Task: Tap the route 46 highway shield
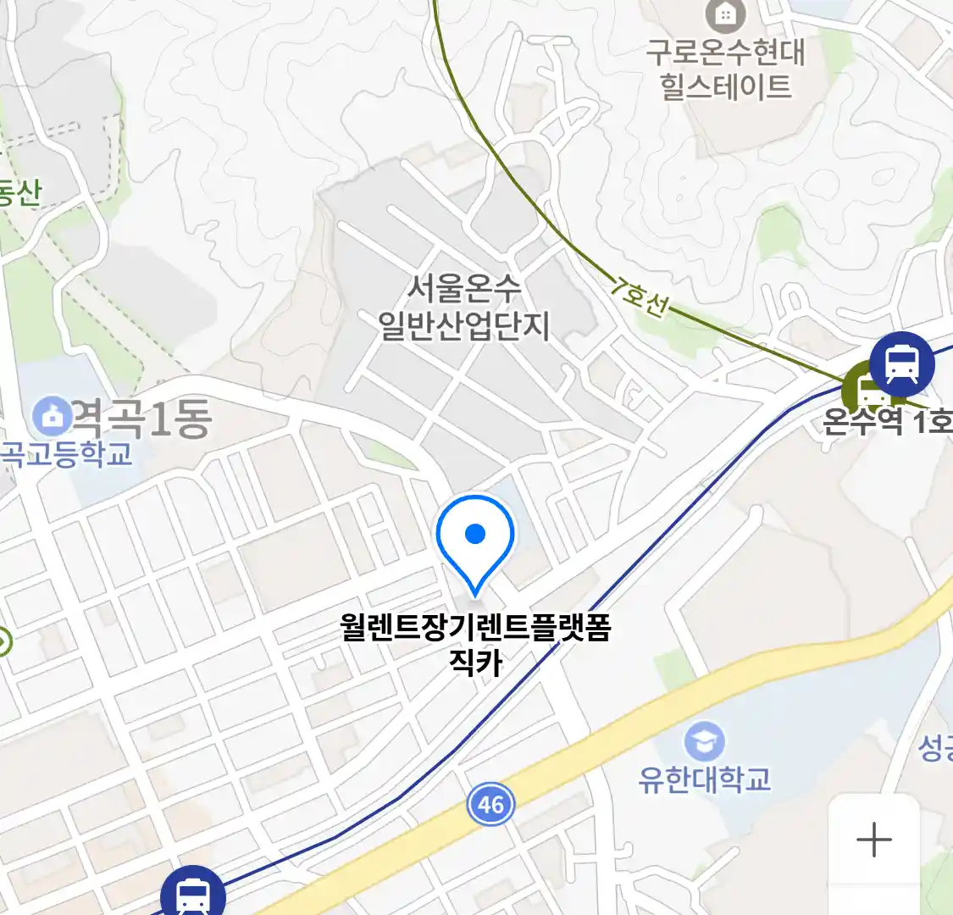[x=490, y=803]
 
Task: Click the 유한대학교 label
[x=705, y=779]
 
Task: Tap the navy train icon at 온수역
[x=901, y=365]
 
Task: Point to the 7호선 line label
[x=637, y=297]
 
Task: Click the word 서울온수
[x=463, y=289]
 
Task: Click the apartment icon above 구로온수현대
[x=726, y=14]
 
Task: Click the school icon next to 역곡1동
[x=53, y=416]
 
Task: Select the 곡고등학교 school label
[x=66, y=455]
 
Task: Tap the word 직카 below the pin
[x=476, y=662]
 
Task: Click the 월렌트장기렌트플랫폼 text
[x=475, y=628]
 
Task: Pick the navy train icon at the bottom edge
[x=193, y=894]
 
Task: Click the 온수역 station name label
[x=862, y=421]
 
